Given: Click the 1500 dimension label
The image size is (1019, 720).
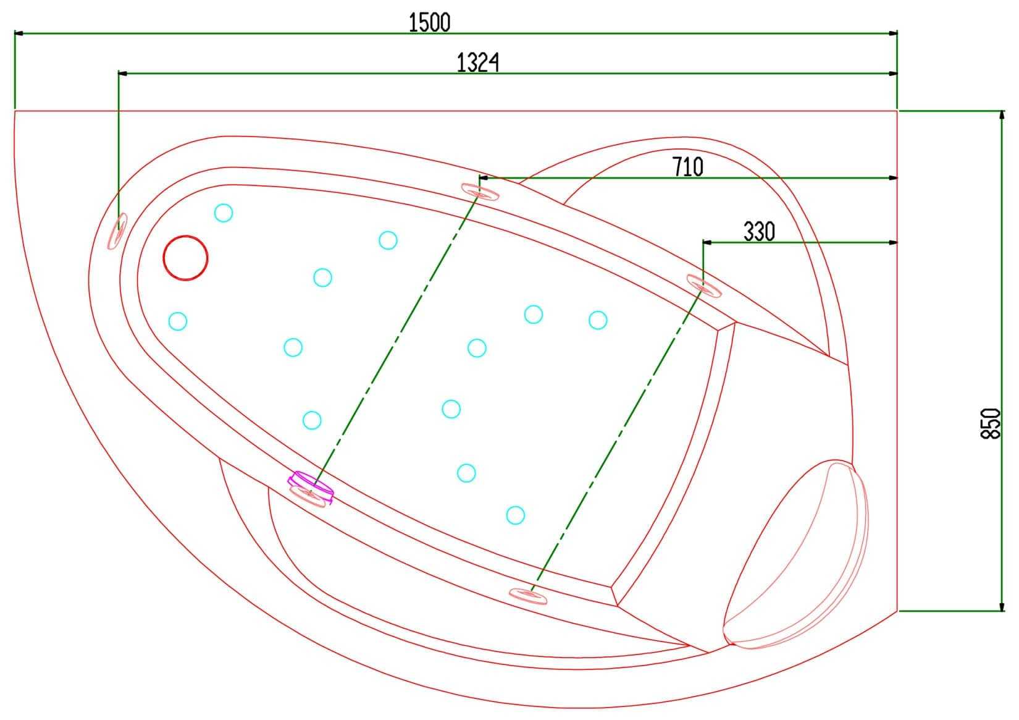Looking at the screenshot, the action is [x=429, y=22].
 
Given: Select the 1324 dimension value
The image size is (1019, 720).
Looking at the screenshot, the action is [x=477, y=62].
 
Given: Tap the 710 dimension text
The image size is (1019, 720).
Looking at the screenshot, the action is [x=687, y=167].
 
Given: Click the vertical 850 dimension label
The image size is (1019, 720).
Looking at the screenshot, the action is [x=990, y=423].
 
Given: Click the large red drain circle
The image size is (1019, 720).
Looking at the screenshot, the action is [x=186, y=258].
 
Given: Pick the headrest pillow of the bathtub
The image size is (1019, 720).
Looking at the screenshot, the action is [x=796, y=554].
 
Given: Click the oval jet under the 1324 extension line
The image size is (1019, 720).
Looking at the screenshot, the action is [x=117, y=231].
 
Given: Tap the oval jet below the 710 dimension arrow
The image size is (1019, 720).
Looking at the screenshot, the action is [x=480, y=192].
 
